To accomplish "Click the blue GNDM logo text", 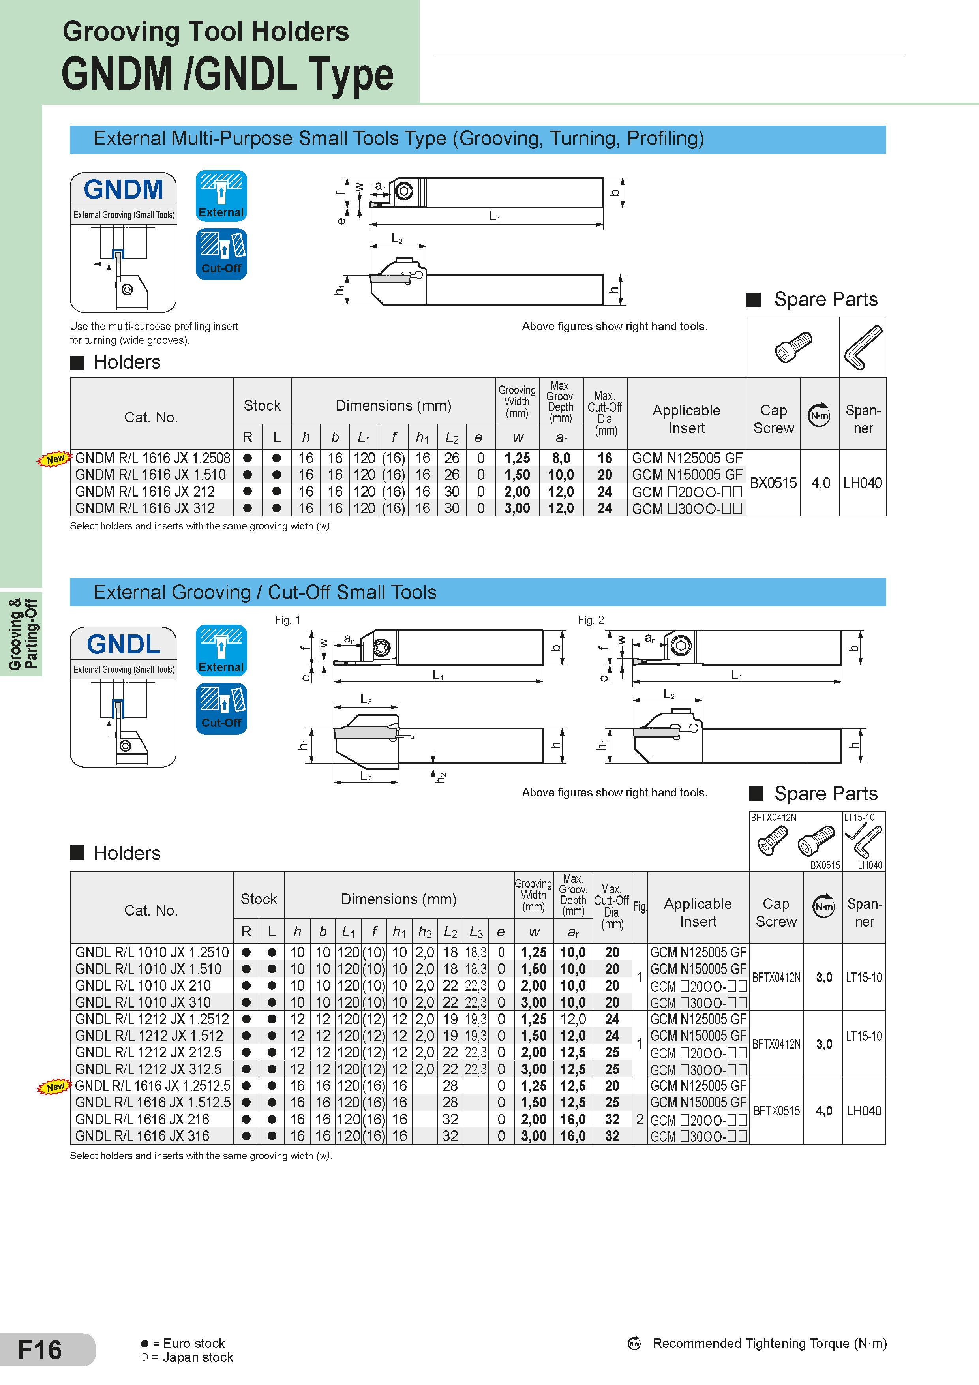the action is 124,190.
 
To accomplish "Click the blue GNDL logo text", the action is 124,644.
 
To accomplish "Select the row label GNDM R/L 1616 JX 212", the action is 145,492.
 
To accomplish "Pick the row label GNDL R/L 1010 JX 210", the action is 143,986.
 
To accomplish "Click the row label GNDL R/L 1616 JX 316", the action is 143,1136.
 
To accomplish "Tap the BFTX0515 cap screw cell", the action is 776,1111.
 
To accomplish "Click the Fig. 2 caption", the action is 591,619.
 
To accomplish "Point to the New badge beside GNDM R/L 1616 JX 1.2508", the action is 55,459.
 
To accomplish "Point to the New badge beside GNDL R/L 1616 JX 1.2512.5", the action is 55,1087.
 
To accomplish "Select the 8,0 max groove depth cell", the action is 561,458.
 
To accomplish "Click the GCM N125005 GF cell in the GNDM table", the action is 687,458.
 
